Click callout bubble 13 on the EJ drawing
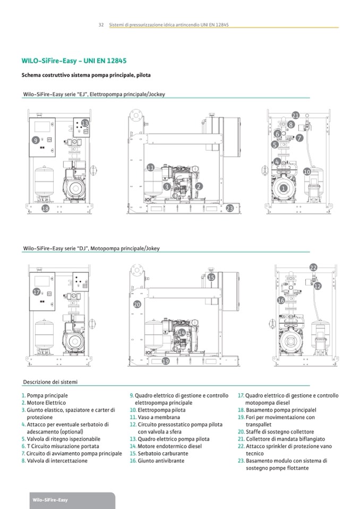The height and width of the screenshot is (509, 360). [x=85, y=123]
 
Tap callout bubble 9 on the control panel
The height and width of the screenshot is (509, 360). [x=36, y=140]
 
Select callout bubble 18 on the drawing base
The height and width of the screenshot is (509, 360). [x=45, y=209]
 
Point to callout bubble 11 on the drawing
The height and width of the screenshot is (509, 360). [x=151, y=168]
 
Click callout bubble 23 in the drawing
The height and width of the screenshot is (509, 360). [x=229, y=209]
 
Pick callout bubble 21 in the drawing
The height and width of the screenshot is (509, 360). [x=296, y=115]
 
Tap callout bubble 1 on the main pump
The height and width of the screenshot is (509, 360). [x=284, y=188]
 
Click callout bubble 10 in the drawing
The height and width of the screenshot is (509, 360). [x=307, y=171]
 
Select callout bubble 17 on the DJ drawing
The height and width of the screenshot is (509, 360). [x=37, y=291]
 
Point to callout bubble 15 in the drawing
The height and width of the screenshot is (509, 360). [x=211, y=277]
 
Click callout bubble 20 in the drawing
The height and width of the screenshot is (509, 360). [x=137, y=304]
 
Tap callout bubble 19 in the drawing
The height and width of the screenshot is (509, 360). [x=165, y=361]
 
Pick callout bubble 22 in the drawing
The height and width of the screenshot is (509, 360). [x=313, y=268]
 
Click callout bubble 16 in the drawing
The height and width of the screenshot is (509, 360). [x=281, y=300]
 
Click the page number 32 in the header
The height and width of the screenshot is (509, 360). [x=101, y=25]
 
